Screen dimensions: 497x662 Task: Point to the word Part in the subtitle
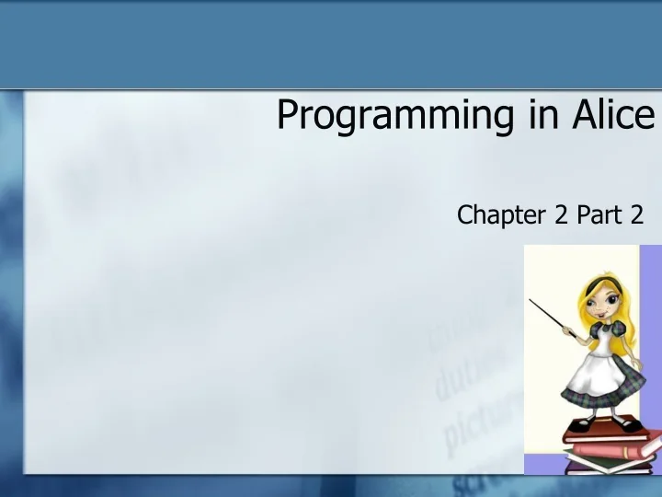599,215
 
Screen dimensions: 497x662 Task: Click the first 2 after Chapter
562,215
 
